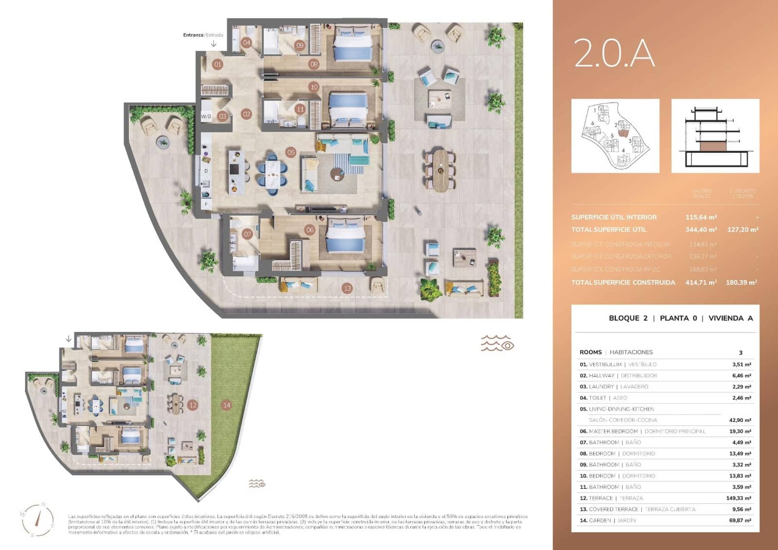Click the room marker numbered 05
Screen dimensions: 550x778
pyautogui.click(x=291, y=152)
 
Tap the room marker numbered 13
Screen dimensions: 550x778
pyautogui.click(x=347, y=288)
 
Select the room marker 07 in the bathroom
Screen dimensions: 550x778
pyautogui.click(x=248, y=234)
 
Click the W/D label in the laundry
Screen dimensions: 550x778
pyautogui.click(x=206, y=116)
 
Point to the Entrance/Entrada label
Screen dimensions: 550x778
pyautogui.click(x=203, y=35)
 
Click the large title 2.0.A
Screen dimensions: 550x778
pyautogui.click(x=614, y=53)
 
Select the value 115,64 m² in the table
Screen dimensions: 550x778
pyautogui.click(x=701, y=217)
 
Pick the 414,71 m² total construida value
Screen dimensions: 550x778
pyautogui.click(x=701, y=282)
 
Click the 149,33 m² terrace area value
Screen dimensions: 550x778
pyautogui.click(x=738, y=498)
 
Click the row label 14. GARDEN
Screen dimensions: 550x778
pyautogui.click(x=595, y=520)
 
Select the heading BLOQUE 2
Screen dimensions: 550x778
pyautogui.click(x=628, y=318)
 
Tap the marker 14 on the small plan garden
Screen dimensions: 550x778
pyautogui.click(x=226, y=405)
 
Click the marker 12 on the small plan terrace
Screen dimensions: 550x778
pyautogui.click(x=193, y=405)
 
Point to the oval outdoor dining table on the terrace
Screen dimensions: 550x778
pyautogui.click(x=441, y=170)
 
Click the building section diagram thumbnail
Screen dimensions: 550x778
pyautogui.click(x=715, y=136)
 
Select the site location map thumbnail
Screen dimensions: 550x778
pyautogui.click(x=615, y=136)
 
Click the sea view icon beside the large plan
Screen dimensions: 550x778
pyautogui.click(x=497, y=343)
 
